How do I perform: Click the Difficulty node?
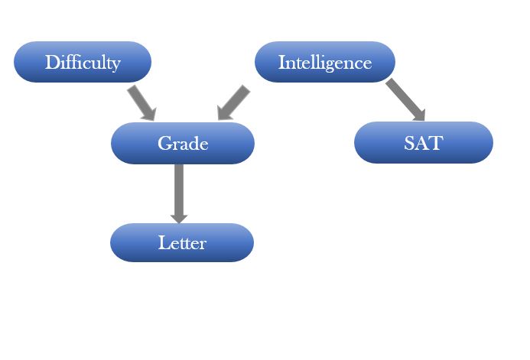(x=83, y=62)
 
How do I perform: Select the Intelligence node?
(x=325, y=62)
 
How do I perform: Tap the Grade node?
(x=183, y=143)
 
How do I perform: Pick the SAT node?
(x=424, y=142)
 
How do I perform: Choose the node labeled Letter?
(x=182, y=242)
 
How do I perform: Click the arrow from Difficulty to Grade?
(x=142, y=102)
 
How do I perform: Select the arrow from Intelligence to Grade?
(x=233, y=102)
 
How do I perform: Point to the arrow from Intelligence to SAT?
(x=405, y=99)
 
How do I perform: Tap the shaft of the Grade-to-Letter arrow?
(x=179, y=190)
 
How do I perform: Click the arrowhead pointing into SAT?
(x=419, y=115)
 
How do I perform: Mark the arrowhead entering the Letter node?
(x=179, y=219)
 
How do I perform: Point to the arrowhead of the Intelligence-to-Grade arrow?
(x=224, y=113)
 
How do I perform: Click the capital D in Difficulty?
(x=51, y=62)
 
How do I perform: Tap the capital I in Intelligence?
(x=281, y=63)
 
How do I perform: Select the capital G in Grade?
(x=164, y=143)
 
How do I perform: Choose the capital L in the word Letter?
(x=163, y=242)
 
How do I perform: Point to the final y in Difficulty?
(x=115, y=65)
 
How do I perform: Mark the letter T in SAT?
(x=437, y=143)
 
